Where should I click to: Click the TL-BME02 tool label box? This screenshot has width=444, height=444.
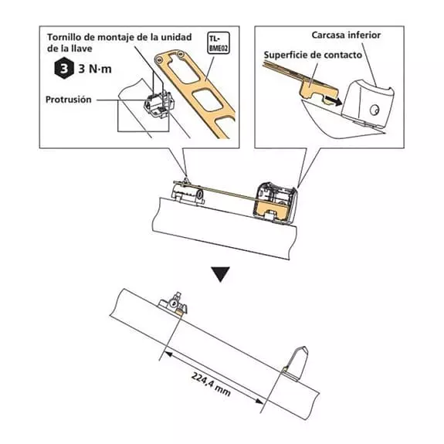pos(219,42)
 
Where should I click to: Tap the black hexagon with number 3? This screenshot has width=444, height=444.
pos(64,68)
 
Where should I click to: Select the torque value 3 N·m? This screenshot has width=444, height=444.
pos(95,69)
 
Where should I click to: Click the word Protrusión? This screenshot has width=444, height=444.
pos(69,100)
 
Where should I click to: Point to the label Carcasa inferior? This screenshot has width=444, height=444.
pos(346,35)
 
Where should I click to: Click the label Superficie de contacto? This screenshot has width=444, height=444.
pos(313,55)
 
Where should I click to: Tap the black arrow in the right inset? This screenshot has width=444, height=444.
pos(334,101)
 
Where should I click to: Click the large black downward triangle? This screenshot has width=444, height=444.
pos(221,274)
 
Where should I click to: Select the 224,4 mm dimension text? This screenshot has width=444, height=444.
pos(211,384)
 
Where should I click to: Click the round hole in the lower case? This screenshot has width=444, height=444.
pos(375,110)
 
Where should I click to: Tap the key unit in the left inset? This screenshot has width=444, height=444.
pos(158,104)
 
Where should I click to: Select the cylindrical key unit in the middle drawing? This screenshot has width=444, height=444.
pos(188,192)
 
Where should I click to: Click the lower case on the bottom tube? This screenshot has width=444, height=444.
pos(296,364)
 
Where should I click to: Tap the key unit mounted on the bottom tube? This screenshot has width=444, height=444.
pos(173,304)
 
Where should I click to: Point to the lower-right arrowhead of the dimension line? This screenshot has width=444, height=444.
pos(259,401)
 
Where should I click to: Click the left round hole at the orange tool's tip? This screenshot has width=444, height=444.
pos(160,59)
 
